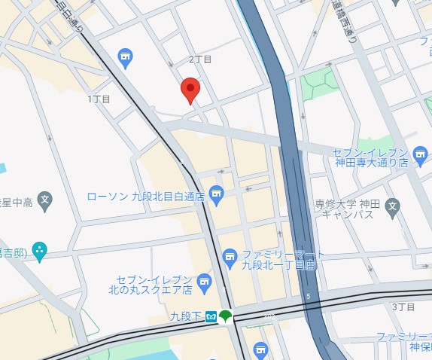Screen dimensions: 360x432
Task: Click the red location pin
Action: (x=190, y=90)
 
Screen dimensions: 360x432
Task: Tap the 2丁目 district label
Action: (x=200, y=59)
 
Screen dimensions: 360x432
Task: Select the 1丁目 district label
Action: (x=99, y=99)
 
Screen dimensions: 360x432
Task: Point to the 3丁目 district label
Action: (x=403, y=307)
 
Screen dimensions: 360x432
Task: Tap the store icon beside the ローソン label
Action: (x=217, y=197)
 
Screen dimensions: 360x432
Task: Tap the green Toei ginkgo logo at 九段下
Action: (x=226, y=316)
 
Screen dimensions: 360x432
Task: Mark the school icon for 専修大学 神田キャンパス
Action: (x=391, y=206)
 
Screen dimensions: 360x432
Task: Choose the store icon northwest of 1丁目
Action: (x=126, y=56)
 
